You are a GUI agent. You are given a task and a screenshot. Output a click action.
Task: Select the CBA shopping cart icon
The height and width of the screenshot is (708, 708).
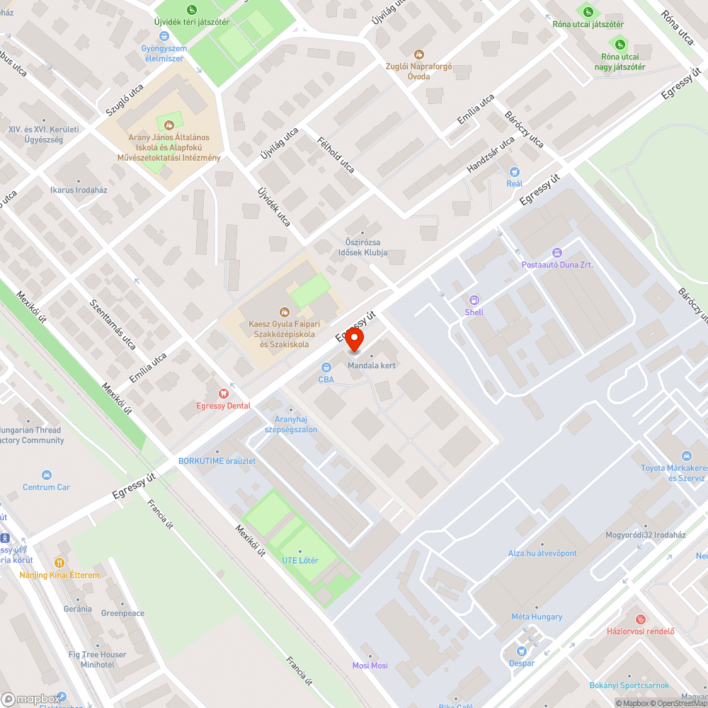point(326,367)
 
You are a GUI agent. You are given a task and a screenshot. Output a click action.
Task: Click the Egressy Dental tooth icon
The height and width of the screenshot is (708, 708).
point(224,393)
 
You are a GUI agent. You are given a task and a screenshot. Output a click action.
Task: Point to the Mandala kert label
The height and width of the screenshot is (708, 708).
point(371,365)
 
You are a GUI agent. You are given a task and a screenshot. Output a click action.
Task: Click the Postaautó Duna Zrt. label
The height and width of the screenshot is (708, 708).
point(557,264)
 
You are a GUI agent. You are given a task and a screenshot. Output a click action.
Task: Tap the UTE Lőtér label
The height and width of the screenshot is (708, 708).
point(300,561)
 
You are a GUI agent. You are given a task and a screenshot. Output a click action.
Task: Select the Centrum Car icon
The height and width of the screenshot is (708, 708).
point(47,474)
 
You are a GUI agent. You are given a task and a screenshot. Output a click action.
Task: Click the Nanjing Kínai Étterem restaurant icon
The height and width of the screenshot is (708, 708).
point(59,562)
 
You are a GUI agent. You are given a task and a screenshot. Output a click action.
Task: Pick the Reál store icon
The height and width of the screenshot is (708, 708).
point(515,171)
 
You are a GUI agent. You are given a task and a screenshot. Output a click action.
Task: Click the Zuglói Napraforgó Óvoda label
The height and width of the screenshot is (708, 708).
point(418,71)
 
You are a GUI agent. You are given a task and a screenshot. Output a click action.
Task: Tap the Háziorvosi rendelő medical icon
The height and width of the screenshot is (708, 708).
point(641,619)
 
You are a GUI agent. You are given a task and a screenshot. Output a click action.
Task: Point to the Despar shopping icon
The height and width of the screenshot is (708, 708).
point(522,651)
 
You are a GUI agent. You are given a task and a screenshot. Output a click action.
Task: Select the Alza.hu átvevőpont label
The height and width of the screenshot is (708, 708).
point(542,553)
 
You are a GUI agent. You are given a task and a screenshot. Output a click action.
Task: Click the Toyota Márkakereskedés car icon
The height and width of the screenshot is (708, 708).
point(685,456)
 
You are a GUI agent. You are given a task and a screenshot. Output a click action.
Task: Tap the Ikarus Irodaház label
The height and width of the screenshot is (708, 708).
point(79,190)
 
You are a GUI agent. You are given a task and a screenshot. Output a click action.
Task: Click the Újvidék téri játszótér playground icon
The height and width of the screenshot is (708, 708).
point(192,9)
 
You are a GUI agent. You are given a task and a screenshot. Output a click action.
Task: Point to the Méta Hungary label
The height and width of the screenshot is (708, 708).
point(537,616)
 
